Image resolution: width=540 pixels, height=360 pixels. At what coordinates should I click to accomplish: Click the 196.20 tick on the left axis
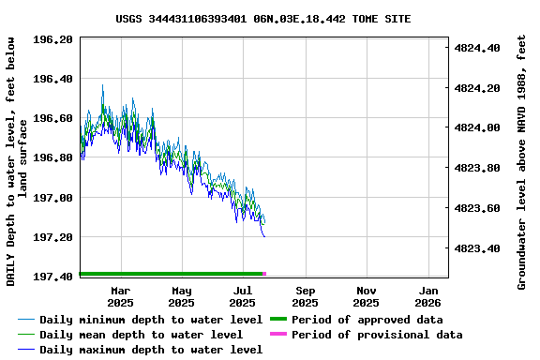53,39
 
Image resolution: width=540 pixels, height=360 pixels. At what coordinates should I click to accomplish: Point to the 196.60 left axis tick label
53,118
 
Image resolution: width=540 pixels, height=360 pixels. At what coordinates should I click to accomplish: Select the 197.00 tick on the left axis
53,198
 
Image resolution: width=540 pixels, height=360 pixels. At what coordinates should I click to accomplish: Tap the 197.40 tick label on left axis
53,277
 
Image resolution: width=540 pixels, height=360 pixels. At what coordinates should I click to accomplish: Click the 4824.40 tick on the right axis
477,47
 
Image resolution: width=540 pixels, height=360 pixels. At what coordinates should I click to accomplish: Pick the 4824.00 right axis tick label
477,127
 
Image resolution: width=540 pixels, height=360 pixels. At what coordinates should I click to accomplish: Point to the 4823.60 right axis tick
477,208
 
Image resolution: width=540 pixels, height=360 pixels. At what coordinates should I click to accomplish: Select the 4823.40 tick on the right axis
477,248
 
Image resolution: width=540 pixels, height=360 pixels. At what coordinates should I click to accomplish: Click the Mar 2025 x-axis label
120,296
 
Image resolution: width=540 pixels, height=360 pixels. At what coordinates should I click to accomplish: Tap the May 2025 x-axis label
182,296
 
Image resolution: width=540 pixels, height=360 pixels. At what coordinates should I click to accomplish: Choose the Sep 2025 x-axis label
305,296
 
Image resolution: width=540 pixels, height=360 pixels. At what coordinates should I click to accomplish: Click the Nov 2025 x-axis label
367,296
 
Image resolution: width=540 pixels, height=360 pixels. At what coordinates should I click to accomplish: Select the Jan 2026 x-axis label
427,296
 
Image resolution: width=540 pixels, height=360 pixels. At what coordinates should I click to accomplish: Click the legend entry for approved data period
367,320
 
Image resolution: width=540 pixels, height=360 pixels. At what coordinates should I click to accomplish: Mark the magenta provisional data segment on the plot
264,274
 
